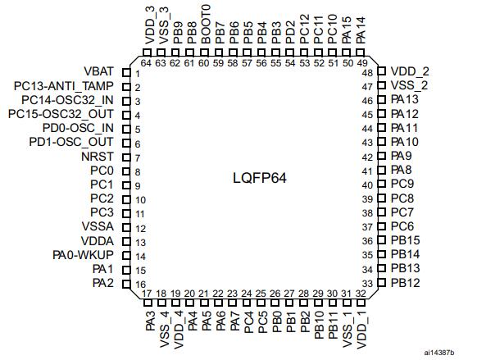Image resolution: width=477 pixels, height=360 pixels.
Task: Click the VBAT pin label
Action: tap(98, 72)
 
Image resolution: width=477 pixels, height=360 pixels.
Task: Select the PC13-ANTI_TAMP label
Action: tap(64, 86)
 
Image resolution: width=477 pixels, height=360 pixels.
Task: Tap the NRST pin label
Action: tap(98, 157)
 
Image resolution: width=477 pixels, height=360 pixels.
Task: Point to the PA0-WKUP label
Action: tap(83, 255)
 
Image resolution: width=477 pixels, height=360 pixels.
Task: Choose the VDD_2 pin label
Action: tap(410, 72)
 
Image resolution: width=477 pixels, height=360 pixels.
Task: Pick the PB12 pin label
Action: tap(405, 283)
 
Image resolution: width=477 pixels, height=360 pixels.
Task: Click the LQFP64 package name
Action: tap(260, 178)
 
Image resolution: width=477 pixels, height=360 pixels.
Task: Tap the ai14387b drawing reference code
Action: tap(439, 353)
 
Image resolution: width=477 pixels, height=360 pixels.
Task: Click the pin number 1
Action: tap(138, 74)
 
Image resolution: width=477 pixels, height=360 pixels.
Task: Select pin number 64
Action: tap(146, 63)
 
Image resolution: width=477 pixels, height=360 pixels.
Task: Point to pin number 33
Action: tap(367, 284)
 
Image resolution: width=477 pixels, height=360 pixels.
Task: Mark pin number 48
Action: tap(367, 73)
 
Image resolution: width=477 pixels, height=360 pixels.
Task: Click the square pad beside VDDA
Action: tap(126, 242)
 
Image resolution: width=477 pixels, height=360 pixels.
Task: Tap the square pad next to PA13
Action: tap(381, 99)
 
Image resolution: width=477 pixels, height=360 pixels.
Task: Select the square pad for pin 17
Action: tap(148, 303)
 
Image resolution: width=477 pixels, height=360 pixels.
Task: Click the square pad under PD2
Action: tap(289, 52)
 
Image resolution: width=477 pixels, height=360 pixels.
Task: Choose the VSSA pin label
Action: tap(98, 226)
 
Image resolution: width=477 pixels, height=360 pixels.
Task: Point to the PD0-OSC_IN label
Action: tap(78, 128)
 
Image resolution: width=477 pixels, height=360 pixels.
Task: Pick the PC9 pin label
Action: tap(402, 184)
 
